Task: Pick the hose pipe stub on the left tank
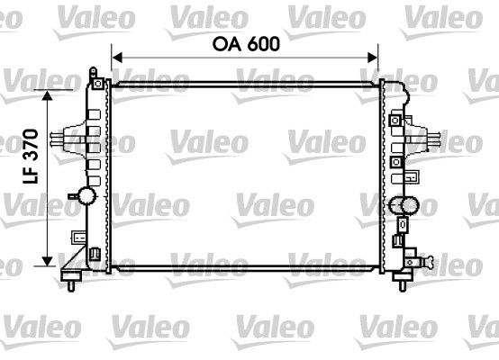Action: [61, 139]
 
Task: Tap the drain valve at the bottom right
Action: [427, 263]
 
